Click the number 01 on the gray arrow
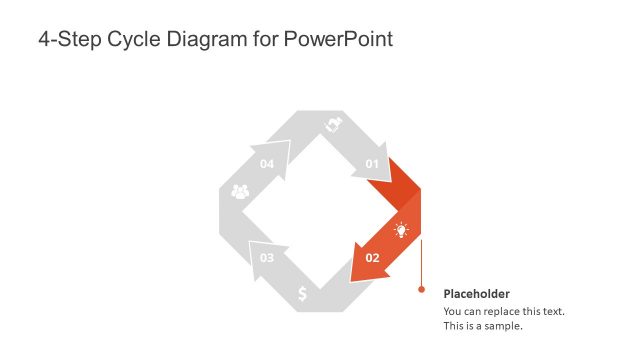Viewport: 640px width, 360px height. point(372,163)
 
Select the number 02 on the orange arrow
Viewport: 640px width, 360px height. point(372,257)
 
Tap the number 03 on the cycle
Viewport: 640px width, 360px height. point(267,258)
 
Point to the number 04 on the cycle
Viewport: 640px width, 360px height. point(267,163)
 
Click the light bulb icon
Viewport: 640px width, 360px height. point(401,230)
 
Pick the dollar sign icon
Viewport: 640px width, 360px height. point(303,294)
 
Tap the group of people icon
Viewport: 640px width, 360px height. point(240,191)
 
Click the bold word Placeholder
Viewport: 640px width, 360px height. point(477,294)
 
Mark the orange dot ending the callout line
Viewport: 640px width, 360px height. point(421,291)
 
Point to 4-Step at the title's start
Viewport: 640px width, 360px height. point(70,40)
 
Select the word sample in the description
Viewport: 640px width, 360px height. point(502,325)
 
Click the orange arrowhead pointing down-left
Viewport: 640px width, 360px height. point(362,265)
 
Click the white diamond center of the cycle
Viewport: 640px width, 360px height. point(319,211)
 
